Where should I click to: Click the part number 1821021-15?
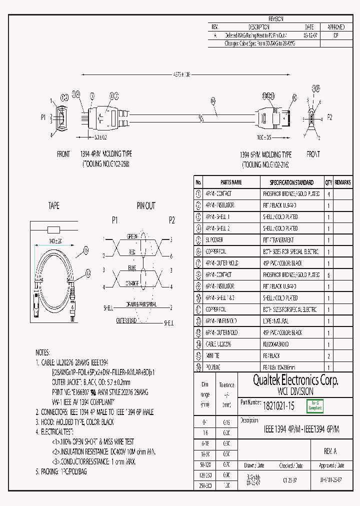pyautogui.click(x=278, y=407)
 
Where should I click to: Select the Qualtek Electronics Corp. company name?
pyautogui.click(x=295, y=381)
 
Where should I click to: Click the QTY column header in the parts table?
pyautogui.click(x=328, y=182)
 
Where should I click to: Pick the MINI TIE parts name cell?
pyautogui.click(x=213, y=356)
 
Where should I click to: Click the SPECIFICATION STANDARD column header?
pyautogui.click(x=291, y=182)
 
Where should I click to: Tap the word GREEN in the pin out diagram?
pyautogui.click(x=132, y=236)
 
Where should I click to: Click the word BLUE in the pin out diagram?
pyautogui.click(x=132, y=267)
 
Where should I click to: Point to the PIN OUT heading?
pyautogui.click(x=146, y=206)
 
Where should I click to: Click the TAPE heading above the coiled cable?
pyautogui.click(x=53, y=206)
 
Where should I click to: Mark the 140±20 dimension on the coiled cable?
pyautogui.click(x=55, y=240)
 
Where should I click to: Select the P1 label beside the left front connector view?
pyautogui.click(x=43, y=117)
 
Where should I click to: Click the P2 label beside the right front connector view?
pyautogui.click(x=329, y=117)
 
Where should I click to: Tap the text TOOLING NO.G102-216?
pyautogui.click(x=265, y=164)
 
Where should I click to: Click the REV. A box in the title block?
pyautogui.click(x=330, y=451)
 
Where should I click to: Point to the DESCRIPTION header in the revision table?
pyautogui.click(x=259, y=27)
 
